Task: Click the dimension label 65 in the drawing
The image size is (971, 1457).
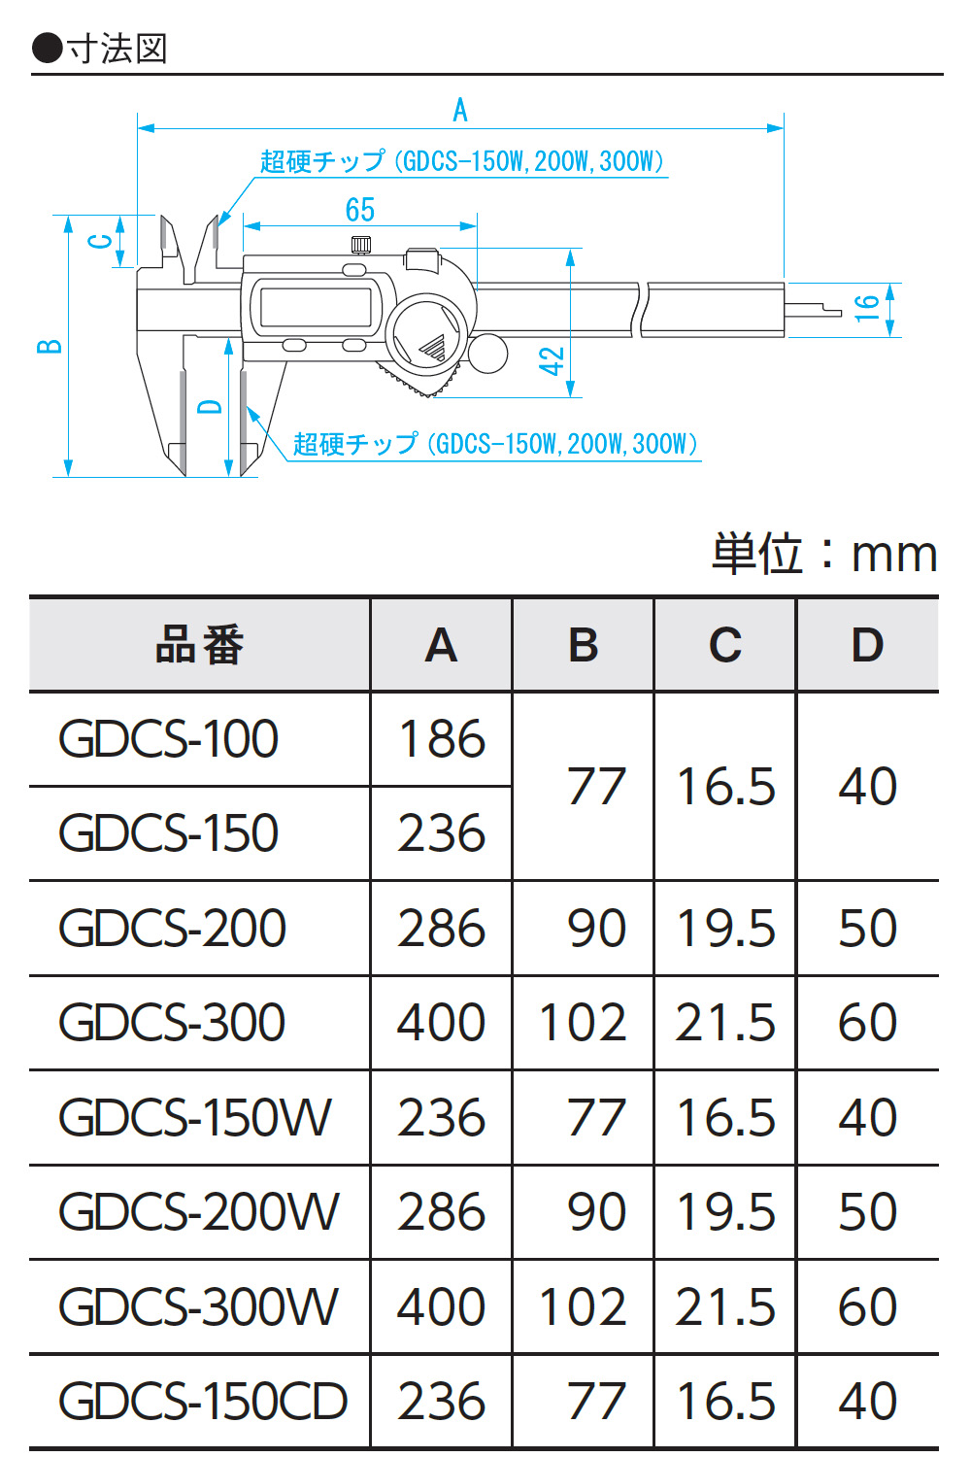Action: click(359, 210)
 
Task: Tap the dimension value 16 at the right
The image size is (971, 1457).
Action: click(866, 308)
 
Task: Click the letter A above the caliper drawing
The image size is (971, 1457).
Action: click(460, 110)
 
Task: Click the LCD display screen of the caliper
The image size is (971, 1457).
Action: click(316, 307)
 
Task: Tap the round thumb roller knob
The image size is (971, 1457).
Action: click(487, 354)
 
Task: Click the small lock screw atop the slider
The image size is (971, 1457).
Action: click(361, 245)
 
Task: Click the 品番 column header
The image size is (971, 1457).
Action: click(200, 645)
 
